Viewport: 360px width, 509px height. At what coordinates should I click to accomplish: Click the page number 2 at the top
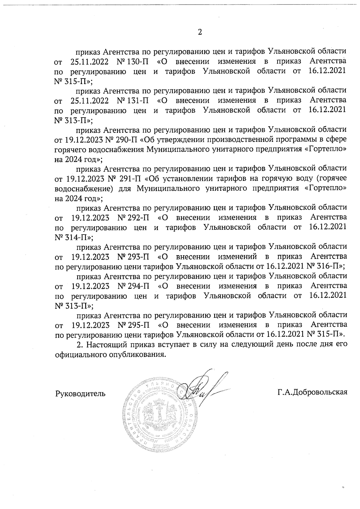200,32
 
